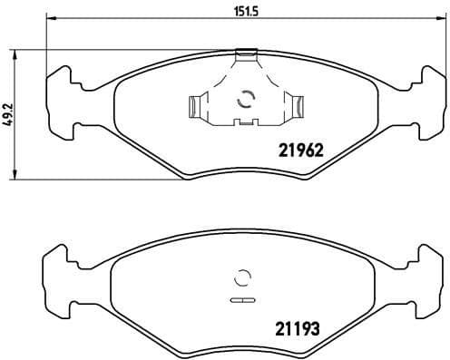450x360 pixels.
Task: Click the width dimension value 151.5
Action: [240, 12]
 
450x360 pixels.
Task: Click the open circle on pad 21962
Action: [243, 102]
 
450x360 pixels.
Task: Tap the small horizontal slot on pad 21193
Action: [243, 299]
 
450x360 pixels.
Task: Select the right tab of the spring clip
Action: [295, 107]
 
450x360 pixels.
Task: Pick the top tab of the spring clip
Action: [244, 55]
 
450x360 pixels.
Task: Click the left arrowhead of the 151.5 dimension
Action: [49, 21]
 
